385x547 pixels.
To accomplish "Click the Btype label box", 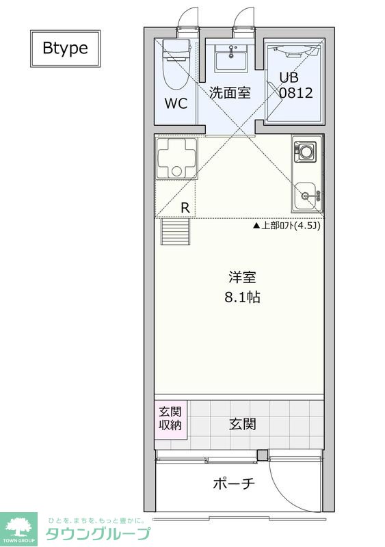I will [x=64, y=48].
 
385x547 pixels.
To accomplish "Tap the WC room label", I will [x=176, y=104].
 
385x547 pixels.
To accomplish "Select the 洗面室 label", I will [x=230, y=92].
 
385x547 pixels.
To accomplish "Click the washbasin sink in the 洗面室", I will [x=230, y=58].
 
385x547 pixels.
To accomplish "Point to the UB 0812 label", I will [x=294, y=85].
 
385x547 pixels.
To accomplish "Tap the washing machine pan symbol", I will [x=176, y=158].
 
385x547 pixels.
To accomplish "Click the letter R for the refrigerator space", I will [x=185, y=207].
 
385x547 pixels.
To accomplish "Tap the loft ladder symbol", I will [x=175, y=232].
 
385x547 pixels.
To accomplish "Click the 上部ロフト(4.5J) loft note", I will [x=287, y=225].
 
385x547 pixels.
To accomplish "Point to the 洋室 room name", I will [x=242, y=278].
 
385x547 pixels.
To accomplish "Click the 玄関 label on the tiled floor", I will [x=242, y=424].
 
